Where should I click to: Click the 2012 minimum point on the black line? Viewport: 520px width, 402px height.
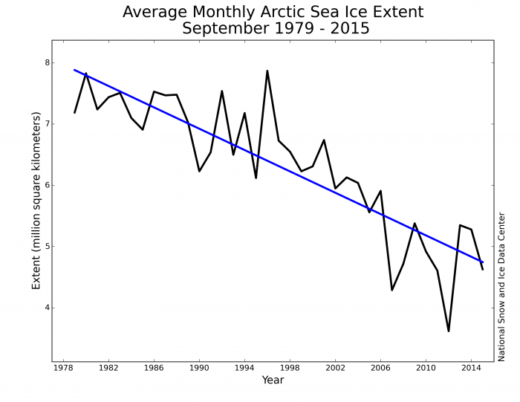point(449,331)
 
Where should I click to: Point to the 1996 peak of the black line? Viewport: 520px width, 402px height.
point(267,71)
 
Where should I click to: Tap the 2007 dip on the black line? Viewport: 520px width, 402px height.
point(391,290)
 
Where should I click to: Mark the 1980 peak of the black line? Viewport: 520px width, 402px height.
point(86,74)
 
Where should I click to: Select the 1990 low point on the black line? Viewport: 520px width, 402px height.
point(199,172)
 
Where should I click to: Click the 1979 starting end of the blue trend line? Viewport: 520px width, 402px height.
point(74,70)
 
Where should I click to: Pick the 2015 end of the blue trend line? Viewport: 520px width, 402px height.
point(483,262)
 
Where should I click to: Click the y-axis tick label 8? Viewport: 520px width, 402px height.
point(47,62)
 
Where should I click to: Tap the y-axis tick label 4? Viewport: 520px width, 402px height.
point(47,308)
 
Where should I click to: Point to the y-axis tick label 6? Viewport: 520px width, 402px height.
point(47,185)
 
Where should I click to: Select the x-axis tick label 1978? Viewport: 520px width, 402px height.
point(63,368)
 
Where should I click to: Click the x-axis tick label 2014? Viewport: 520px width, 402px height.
point(471,368)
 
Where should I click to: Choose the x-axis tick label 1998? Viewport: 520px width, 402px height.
point(290,368)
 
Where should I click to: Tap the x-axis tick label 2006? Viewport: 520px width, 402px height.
point(380,368)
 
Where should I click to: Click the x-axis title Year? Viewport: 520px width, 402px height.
point(273,380)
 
